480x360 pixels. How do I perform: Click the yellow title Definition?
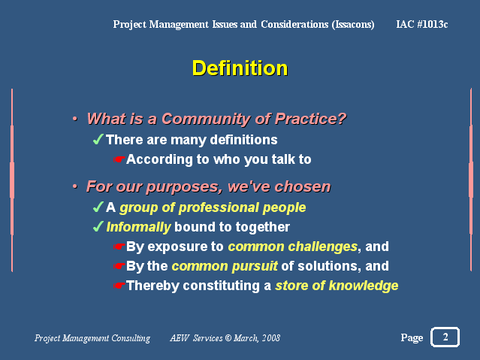(240, 68)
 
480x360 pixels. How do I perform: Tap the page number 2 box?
(445, 337)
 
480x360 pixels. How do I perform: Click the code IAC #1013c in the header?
(422, 24)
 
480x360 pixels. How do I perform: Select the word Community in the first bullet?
(206, 119)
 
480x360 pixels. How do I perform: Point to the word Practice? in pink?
(310, 119)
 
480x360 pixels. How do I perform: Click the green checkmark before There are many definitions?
(98, 139)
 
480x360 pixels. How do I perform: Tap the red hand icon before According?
(119, 159)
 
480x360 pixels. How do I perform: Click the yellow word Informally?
(138, 227)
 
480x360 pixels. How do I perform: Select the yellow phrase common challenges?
(293, 247)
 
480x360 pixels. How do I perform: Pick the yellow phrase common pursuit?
(225, 266)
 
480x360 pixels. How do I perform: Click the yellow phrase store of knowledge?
(337, 286)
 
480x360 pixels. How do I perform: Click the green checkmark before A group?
(98, 207)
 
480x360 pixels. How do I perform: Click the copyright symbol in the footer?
(228, 338)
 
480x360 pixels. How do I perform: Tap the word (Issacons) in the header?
(353, 24)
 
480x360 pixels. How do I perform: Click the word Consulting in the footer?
(131, 338)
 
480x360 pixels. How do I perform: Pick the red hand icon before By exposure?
(119, 247)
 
